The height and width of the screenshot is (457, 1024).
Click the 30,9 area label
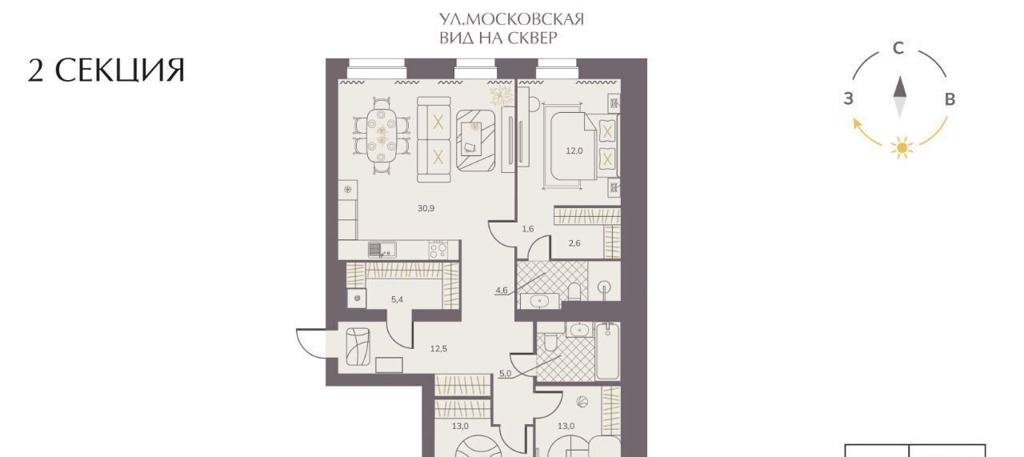pyautogui.click(x=426, y=209)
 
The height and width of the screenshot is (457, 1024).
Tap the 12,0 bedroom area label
pyautogui.click(x=574, y=151)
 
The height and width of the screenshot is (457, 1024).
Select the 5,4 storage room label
pyautogui.click(x=397, y=299)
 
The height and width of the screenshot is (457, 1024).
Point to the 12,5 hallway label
pyautogui.click(x=438, y=349)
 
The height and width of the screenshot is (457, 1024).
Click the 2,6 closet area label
pyautogui.click(x=574, y=243)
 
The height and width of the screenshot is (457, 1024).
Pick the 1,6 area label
pyautogui.click(x=527, y=229)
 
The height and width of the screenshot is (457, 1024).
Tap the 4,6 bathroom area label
pyautogui.click(x=502, y=290)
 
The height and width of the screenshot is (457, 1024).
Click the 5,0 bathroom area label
pyautogui.click(x=505, y=374)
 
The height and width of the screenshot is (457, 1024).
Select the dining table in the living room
pyautogui.click(x=382, y=135)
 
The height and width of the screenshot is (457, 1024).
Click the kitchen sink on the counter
pyautogui.click(x=382, y=251)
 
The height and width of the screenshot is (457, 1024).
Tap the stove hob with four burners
pyautogui.click(x=438, y=251)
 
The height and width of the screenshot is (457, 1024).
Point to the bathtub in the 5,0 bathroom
pyautogui.click(x=607, y=351)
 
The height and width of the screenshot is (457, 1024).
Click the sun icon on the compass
pyautogui.click(x=902, y=148)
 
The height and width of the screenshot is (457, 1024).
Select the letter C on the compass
pyautogui.click(x=898, y=48)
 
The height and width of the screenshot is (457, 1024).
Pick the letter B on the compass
pyautogui.click(x=950, y=99)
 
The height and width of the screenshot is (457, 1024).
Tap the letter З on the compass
pyautogui.click(x=849, y=98)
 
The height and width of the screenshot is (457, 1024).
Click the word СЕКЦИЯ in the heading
pyautogui.click(x=120, y=70)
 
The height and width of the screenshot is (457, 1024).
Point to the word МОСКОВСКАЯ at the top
pyautogui.click(x=526, y=19)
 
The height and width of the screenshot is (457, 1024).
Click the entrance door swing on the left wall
pyautogui.click(x=311, y=343)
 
